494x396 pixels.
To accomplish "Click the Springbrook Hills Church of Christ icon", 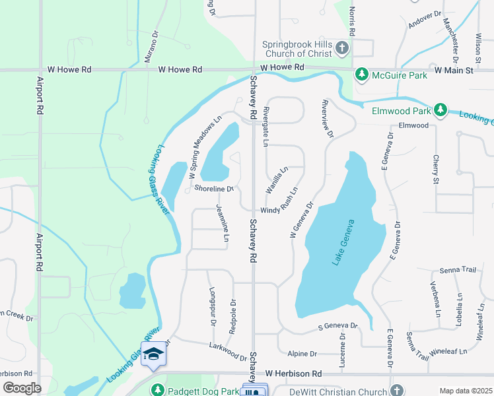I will click(342, 48).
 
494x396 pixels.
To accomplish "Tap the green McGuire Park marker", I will click(361, 75).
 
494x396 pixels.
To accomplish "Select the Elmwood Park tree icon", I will click(439, 110).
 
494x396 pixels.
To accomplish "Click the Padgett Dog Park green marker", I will click(157, 391).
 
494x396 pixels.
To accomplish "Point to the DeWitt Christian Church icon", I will click(396, 391).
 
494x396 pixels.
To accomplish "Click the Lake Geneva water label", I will click(344, 242).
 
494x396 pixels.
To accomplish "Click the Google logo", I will click(22, 388).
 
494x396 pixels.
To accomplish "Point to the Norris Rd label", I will click(352, 22).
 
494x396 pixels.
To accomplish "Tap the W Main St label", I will click(454, 69).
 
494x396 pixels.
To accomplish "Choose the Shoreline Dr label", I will click(214, 189).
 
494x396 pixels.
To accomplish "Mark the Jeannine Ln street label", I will click(223, 222).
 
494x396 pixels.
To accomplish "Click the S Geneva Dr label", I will click(337, 326).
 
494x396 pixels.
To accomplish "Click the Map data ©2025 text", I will click(466, 391).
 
